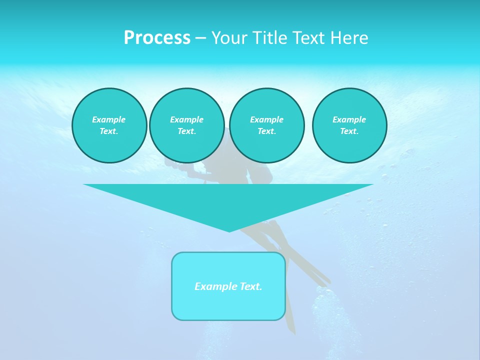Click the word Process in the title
pos(157,38)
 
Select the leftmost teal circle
pos(109,125)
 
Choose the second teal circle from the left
pos(186,125)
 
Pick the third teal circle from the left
pos(266,125)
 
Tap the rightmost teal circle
pos(349,125)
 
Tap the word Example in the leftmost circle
pos(109,119)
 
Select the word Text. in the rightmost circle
pos(349,131)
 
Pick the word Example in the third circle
pos(266,119)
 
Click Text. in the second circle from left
pos(186,131)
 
